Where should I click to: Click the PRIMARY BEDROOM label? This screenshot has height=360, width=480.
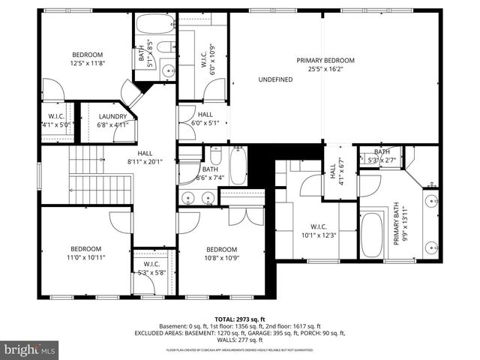pyautogui.click(x=325, y=60)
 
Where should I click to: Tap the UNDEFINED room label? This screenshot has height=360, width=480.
pyautogui.click(x=275, y=79)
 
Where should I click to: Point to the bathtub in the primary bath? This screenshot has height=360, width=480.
pyautogui.click(x=372, y=235)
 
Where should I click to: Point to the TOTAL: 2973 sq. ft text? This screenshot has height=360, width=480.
pyautogui.click(x=240, y=319)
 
